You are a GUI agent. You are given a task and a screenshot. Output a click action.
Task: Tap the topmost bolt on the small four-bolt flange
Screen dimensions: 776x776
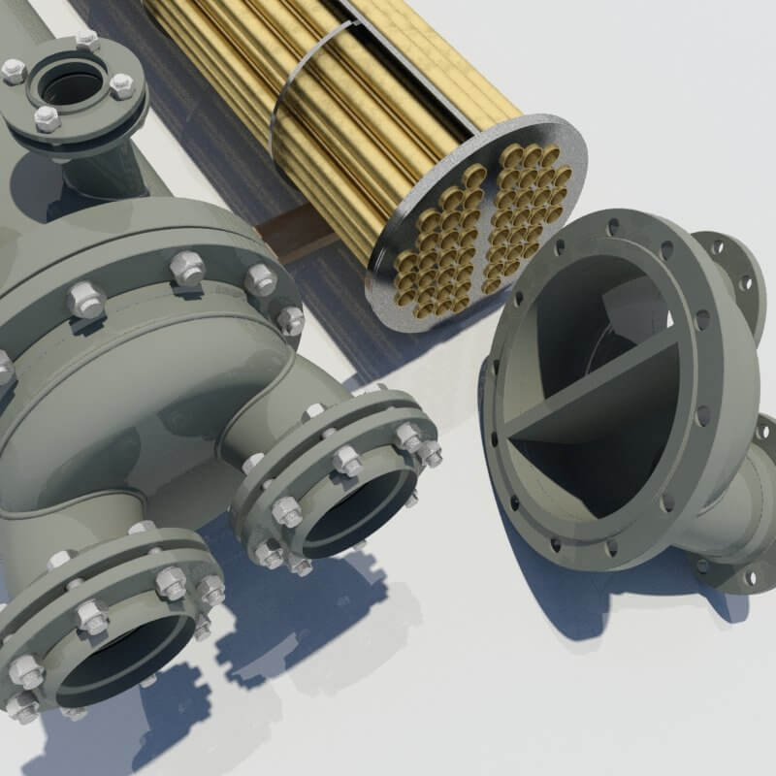click(x=86, y=39)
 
